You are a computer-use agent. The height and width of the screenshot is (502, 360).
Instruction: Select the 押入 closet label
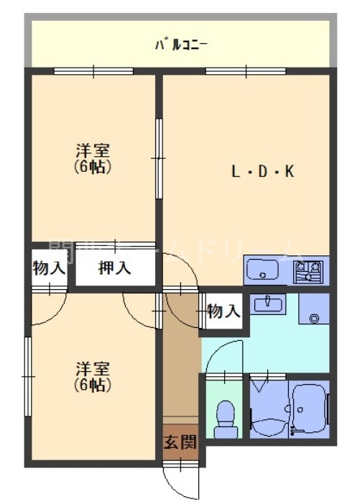115,268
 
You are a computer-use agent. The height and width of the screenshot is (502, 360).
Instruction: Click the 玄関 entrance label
180,442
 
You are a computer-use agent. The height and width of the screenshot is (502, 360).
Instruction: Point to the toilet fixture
226,418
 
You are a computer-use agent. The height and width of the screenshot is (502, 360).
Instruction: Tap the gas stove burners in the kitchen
308,272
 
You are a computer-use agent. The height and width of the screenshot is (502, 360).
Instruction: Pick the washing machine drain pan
314,313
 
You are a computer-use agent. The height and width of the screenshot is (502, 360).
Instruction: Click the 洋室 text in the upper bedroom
93,152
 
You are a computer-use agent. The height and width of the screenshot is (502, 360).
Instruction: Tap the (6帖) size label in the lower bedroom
93,385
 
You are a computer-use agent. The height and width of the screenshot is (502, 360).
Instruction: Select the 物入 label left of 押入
50,269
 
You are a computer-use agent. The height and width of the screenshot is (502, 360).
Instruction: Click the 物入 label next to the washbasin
223,311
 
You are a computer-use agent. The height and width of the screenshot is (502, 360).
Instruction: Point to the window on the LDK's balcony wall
246,70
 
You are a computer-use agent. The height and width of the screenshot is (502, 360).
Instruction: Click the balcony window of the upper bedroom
93,70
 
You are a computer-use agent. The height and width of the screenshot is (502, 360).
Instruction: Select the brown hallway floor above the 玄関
180,360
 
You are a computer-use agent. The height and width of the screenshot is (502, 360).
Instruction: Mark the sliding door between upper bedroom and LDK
159,158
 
